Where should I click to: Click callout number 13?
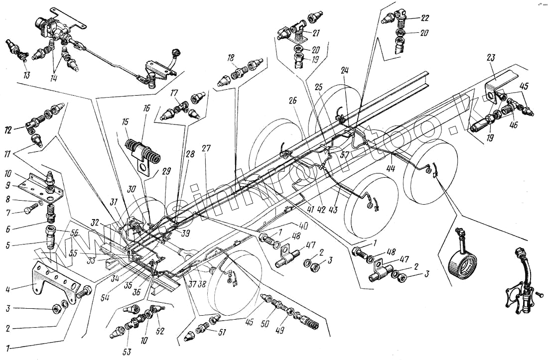pos(26,76)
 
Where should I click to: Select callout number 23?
pos(490,58)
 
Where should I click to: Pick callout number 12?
pos(20,130)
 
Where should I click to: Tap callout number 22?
pos(424,18)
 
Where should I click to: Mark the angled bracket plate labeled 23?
pos(498,80)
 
